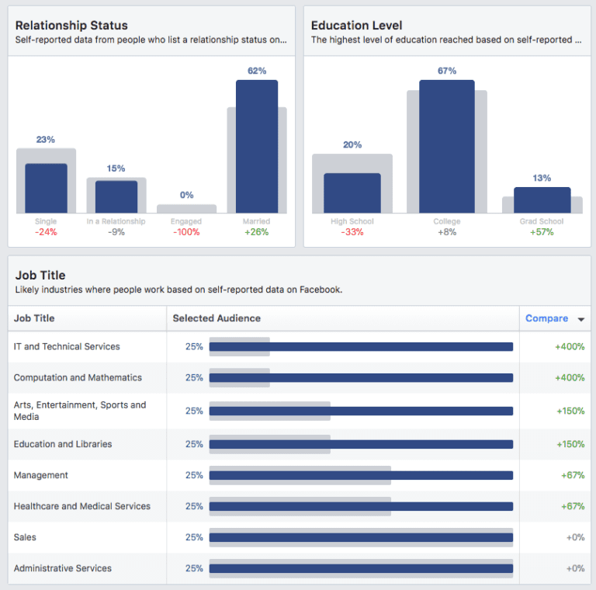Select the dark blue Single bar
tap(46, 188)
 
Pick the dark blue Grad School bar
tap(542, 200)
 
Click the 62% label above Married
tap(257, 71)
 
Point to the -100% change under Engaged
tap(186, 232)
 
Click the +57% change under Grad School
tap(542, 232)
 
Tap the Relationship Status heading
tap(71, 26)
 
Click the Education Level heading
tap(356, 26)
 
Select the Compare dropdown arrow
tap(580, 319)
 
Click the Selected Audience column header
tap(217, 318)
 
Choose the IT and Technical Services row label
tap(67, 346)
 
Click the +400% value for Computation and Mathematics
tap(570, 377)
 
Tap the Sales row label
tap(25, 537)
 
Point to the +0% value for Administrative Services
tap(575, 568)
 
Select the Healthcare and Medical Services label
tap(82, 506)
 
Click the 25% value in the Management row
tap(194, 475)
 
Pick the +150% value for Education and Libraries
tap(570, 444)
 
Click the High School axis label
tap(352, 221)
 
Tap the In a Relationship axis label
tap(116, 221)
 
